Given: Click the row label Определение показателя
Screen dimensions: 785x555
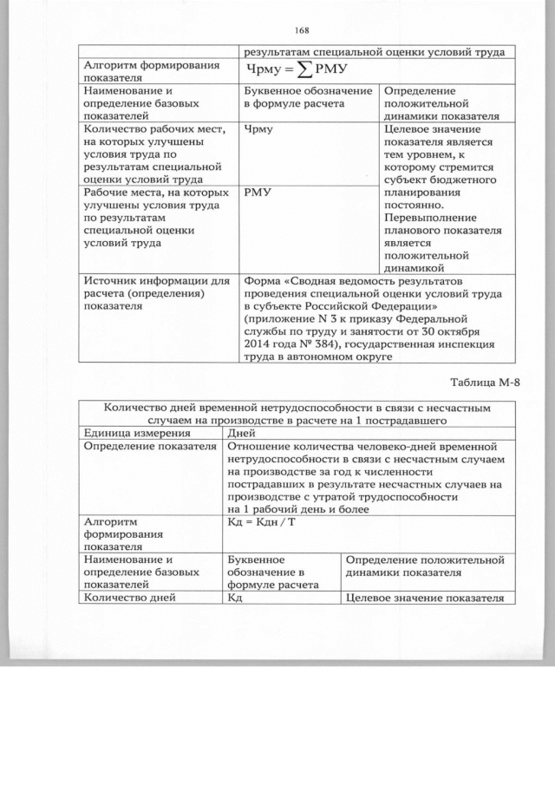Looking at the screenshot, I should pos(148,446).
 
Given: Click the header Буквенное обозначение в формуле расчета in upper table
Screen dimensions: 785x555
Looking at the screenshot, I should pos(307,97).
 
